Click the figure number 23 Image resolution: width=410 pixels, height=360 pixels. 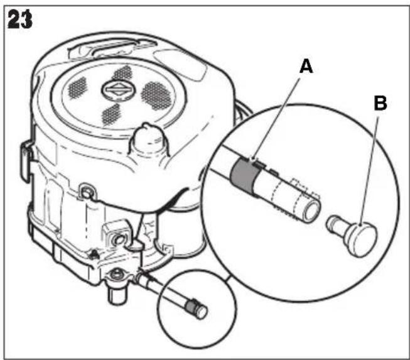click(20, 19)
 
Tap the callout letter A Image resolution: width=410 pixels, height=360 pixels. click(306, 66)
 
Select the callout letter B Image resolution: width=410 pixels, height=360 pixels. click(380, 103)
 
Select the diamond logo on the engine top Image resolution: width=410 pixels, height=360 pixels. click(119, 90)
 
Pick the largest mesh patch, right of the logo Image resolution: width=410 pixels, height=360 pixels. click(156, 95)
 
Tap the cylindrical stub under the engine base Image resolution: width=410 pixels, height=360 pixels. click(117, 295)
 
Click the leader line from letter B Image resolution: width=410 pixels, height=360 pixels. click(369, 171)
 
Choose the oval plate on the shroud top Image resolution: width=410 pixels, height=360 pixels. click(180, 64)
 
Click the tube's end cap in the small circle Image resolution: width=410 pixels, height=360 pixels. click(202, 312)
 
